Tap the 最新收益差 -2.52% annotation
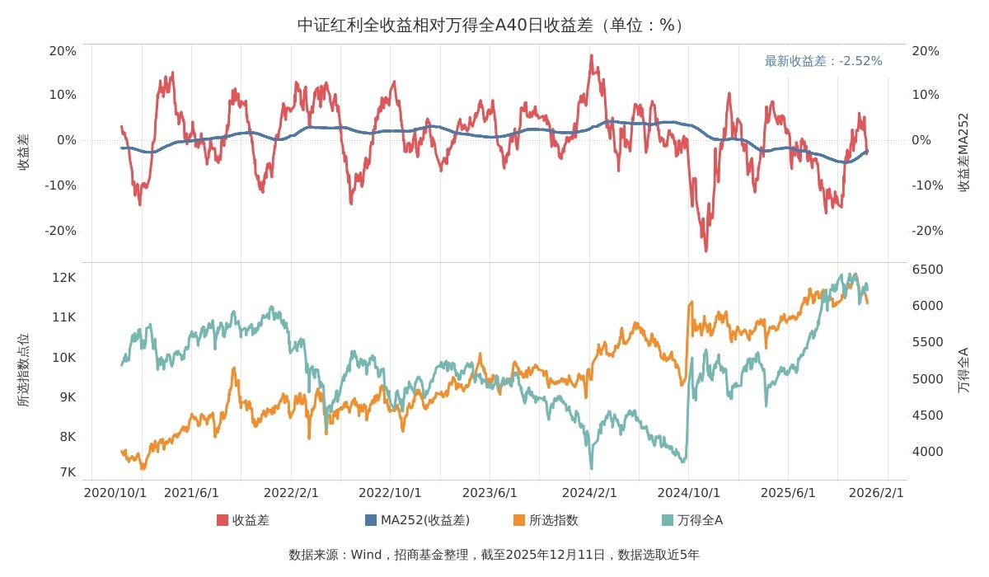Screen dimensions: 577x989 [x=823, y=61]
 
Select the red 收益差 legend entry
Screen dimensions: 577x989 [x=243, y=520]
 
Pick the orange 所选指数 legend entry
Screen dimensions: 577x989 [x=546, y=520]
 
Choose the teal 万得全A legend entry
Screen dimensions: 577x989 [x=692, y=520]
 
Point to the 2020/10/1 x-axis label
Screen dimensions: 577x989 [x=115, y=493]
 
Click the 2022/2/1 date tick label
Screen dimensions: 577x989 [x=291, y=493]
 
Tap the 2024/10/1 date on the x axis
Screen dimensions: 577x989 [x=688, y=493]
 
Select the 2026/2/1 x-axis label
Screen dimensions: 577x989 [x=876, y=493]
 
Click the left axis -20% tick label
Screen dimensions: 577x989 [x=61, y=231]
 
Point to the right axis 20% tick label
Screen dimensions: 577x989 [x=926, y=51]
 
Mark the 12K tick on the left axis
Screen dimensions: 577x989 [x=64, y=278]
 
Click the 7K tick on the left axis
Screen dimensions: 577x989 [x=68, y=472]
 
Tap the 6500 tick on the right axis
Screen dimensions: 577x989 [x=927, y=270]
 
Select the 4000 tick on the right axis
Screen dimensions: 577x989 [x=927, y=452]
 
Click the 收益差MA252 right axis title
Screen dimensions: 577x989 [x=963, y=152]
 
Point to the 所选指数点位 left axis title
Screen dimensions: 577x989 [x=23, y=370]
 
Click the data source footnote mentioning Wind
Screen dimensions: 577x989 [x=494, y=555]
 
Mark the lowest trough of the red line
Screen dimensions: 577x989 [x=705, y=250]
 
